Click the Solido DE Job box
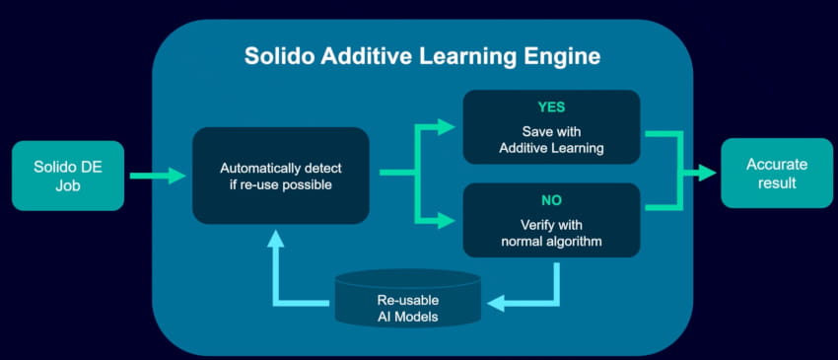pos(68,176)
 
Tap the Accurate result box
pos(769,173)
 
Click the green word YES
pos(552,105)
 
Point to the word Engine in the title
pos(564,56)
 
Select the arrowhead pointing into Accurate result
pos(708,173)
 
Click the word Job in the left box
pos(68,185)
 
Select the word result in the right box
pos(769,182)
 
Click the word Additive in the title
pos(371,56)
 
